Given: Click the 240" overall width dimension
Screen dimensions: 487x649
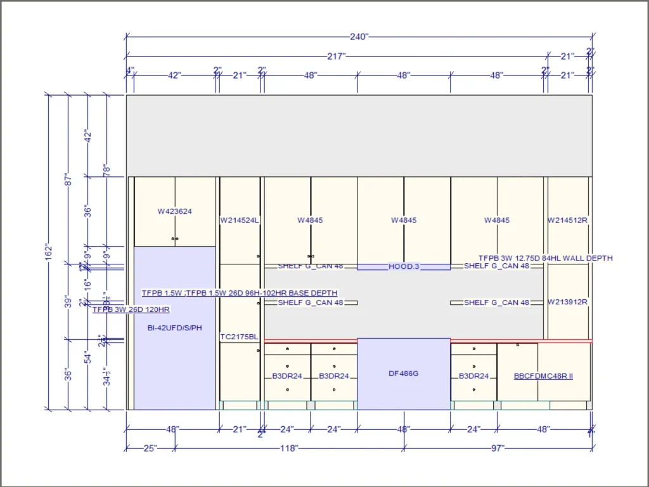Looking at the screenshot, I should point(359,37).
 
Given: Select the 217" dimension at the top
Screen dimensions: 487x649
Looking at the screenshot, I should point(337,56).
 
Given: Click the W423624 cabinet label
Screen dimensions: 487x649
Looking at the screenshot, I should point(175,212).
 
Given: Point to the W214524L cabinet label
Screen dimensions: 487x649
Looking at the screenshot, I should point(240,221).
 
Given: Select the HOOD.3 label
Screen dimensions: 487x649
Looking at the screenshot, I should point(404,266).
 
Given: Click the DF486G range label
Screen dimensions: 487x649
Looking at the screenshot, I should point(404,373).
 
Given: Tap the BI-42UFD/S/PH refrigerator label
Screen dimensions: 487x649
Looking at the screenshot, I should point(174,328).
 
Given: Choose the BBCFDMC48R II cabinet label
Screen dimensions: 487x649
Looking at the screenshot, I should point(543,376).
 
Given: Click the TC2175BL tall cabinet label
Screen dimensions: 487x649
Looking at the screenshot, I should point(239,337).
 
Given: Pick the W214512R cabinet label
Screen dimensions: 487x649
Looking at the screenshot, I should point(568,221).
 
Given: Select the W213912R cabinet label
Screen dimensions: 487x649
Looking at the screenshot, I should point(568,302).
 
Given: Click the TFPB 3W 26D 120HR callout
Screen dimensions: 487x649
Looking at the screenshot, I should point(131,309).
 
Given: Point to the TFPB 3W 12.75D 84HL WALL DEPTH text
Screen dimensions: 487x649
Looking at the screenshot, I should point(546,258).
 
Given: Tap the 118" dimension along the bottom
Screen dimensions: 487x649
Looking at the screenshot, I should point(289,448).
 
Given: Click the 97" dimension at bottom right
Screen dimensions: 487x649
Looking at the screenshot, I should point(498,448).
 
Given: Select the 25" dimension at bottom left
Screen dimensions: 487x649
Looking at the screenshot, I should point(150,448).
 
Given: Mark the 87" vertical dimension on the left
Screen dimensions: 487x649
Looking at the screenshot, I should point(68,180).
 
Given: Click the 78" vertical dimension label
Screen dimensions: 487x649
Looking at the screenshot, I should point(106,169).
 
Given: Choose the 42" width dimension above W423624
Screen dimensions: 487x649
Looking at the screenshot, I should point(174,75).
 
